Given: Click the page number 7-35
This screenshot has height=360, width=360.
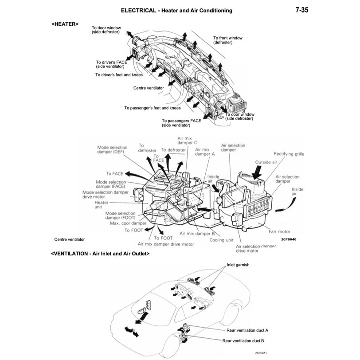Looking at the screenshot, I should [x=301, y=10].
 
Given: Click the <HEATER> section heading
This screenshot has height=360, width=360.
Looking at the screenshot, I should [x=65, y=24].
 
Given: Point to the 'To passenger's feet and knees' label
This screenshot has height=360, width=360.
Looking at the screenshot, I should [x=153, y=108].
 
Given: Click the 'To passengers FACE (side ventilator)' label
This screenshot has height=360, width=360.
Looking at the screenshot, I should [x=181, y=123].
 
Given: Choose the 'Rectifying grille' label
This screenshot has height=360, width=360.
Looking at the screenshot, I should [x=289, y=154].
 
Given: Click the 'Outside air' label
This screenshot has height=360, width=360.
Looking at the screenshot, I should [x=266, y=162].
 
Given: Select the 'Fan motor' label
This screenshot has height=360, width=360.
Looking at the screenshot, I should [x=279, y=231].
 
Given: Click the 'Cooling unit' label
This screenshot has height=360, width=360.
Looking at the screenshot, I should [x=221, y=240].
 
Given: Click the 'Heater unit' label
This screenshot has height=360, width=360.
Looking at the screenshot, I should [x=102, y=205].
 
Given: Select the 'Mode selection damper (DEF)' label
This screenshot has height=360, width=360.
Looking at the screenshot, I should [x=112, y=150].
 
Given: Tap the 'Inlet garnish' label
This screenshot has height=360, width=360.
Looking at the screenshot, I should [x=238, y=265].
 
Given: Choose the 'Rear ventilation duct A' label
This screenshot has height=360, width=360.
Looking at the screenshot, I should [x=247, y=330].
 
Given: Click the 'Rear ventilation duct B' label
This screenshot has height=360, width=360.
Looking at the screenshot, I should [x=243, y=340].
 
